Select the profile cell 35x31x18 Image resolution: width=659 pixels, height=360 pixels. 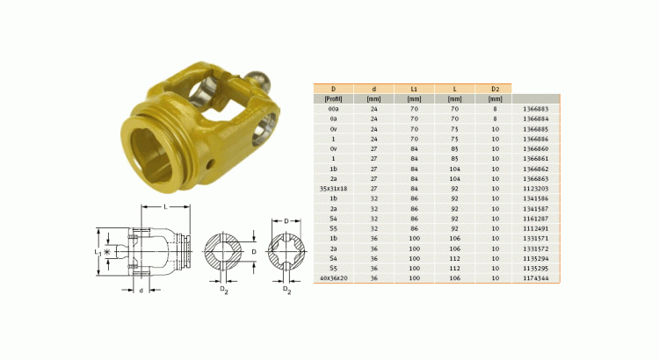333,189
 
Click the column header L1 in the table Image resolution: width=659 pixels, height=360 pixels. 414,89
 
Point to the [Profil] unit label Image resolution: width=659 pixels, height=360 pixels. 333,99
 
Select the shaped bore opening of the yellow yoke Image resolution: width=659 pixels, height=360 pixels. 159,144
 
